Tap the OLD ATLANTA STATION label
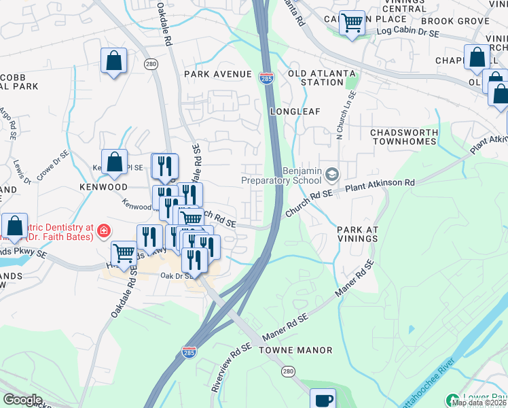click(x=316, y=78)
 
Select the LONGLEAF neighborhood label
click(x=294, y=111)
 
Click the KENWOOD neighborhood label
click(x=103, y=186)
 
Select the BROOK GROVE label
click(x=463, y=22)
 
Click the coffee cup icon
click(x=323, y=399)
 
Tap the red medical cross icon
click(x=103, y=231)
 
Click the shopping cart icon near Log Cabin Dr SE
click(x=352, y=24)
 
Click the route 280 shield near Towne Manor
click(x=288, y=371)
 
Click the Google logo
click(x=22, y=400)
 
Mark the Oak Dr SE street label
click(x=174, y=275)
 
